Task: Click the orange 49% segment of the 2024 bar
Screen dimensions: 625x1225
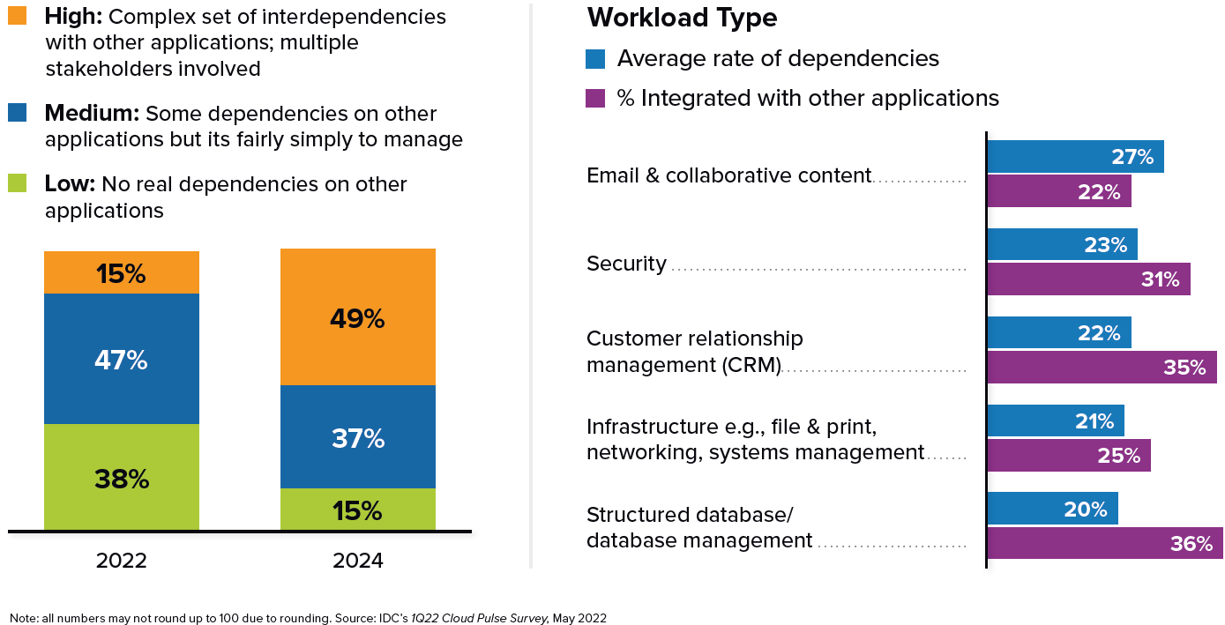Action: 357,317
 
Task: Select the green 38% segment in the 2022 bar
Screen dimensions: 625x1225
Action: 122,477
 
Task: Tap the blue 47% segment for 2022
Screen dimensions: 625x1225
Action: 122,359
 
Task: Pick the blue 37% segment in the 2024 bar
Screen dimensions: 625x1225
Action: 357,436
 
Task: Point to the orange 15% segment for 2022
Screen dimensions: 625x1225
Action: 122,272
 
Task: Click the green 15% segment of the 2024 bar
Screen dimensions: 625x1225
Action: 357,510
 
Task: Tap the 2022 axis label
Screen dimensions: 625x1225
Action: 122,561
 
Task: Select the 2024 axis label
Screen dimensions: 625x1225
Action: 357,561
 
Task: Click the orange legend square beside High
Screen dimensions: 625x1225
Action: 18,15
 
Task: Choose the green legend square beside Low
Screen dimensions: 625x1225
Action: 18,183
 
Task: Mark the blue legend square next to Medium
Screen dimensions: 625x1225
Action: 18,113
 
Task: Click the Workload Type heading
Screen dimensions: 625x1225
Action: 682,18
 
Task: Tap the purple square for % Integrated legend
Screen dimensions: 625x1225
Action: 595,98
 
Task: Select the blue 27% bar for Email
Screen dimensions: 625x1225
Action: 1074,157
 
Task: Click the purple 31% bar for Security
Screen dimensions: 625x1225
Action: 1087,279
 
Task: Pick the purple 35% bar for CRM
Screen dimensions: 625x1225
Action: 1101,367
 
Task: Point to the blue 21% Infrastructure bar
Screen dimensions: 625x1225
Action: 1055,421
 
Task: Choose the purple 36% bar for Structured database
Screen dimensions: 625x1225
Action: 1104,543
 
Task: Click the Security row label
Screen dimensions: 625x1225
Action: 626,264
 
